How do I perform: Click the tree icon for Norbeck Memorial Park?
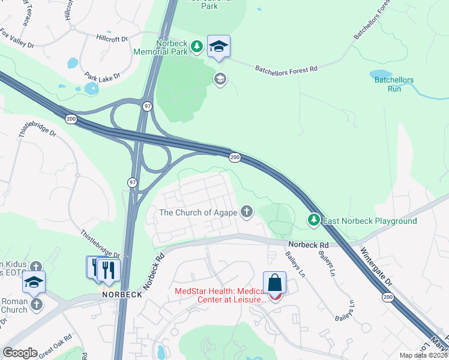tap(196, 46)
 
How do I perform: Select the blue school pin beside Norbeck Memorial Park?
tap(219, 46)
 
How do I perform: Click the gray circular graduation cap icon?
tap(220, 79)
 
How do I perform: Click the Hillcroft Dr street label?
tap(112, 38)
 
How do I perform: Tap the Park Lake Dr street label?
tap(103, 77)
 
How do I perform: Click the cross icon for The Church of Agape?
tap(246, 211)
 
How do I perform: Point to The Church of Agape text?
tap(197, 212)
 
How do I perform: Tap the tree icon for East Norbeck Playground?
tap(313, 220)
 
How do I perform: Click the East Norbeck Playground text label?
tap(370, 221)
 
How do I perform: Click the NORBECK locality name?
tap(121, 295)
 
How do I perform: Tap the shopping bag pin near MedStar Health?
tap(274, 283)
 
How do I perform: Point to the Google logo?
tap(20, 353)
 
